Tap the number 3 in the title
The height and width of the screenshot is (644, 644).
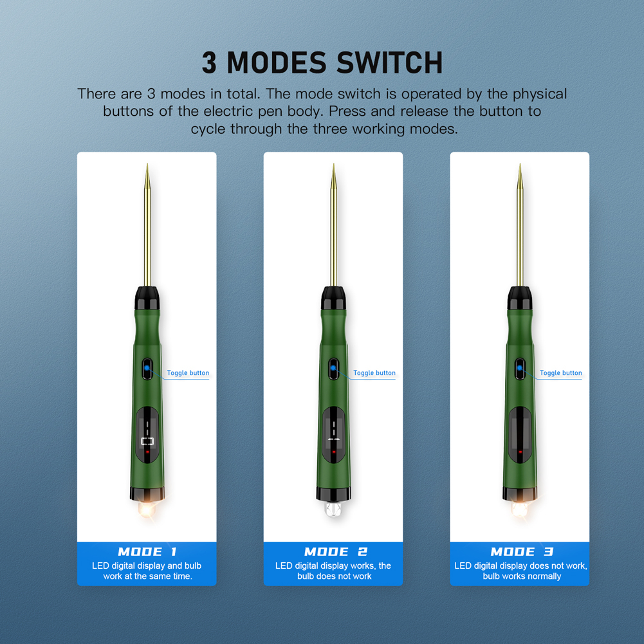210,63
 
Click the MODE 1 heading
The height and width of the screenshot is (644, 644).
147,551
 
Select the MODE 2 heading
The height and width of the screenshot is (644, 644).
335,551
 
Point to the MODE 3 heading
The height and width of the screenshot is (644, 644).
522,551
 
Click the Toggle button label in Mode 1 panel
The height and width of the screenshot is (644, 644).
188,373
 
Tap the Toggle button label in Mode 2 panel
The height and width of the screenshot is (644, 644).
374,373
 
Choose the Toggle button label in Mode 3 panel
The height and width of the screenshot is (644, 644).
561,373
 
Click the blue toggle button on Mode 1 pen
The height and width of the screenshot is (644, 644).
147,369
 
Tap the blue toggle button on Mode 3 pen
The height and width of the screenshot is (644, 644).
520,369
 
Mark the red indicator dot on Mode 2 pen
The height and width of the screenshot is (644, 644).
334,452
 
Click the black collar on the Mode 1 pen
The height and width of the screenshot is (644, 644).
147,298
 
